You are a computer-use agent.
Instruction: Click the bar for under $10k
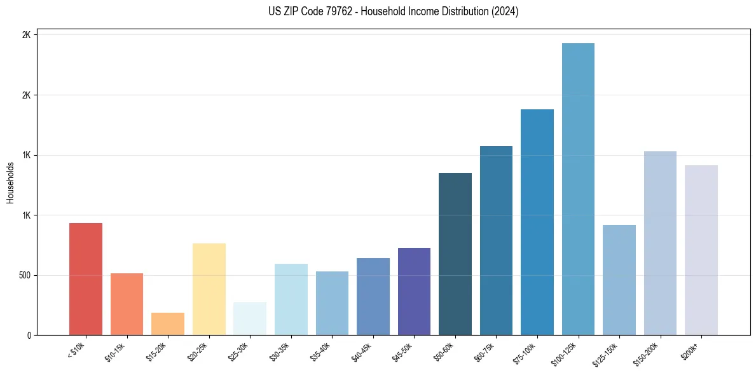[85, 280]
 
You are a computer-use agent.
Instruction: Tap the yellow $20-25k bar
[209, 289]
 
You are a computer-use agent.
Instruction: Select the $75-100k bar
[537, 222]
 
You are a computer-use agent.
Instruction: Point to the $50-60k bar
[455, 254]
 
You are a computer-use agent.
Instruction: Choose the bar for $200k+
[701, 250]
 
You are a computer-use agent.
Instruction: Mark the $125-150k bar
[619, 280]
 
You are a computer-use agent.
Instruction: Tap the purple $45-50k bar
[414, 292]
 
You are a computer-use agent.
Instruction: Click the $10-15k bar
[127, 304]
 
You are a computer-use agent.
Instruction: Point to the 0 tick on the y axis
[27, 336]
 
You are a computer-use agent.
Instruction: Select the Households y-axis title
[10, 182]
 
